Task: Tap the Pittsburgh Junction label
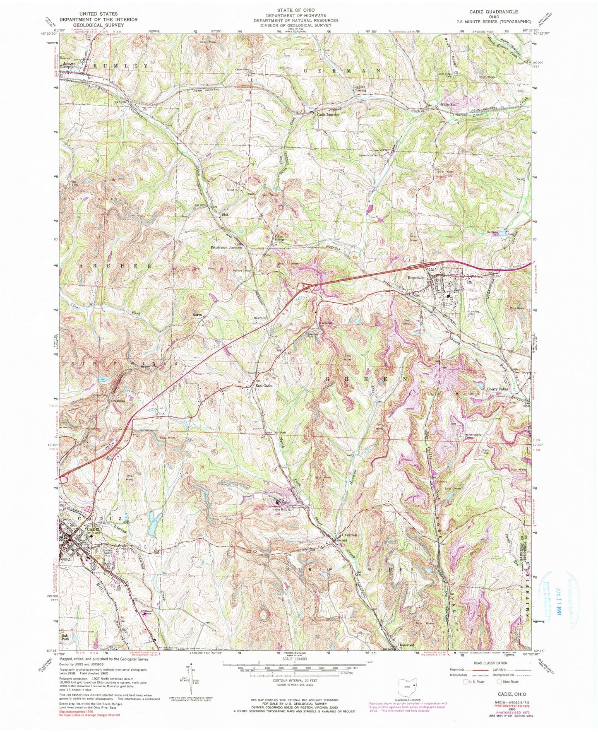(x=226, y=247)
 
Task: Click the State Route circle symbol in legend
(x=500, y=693)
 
